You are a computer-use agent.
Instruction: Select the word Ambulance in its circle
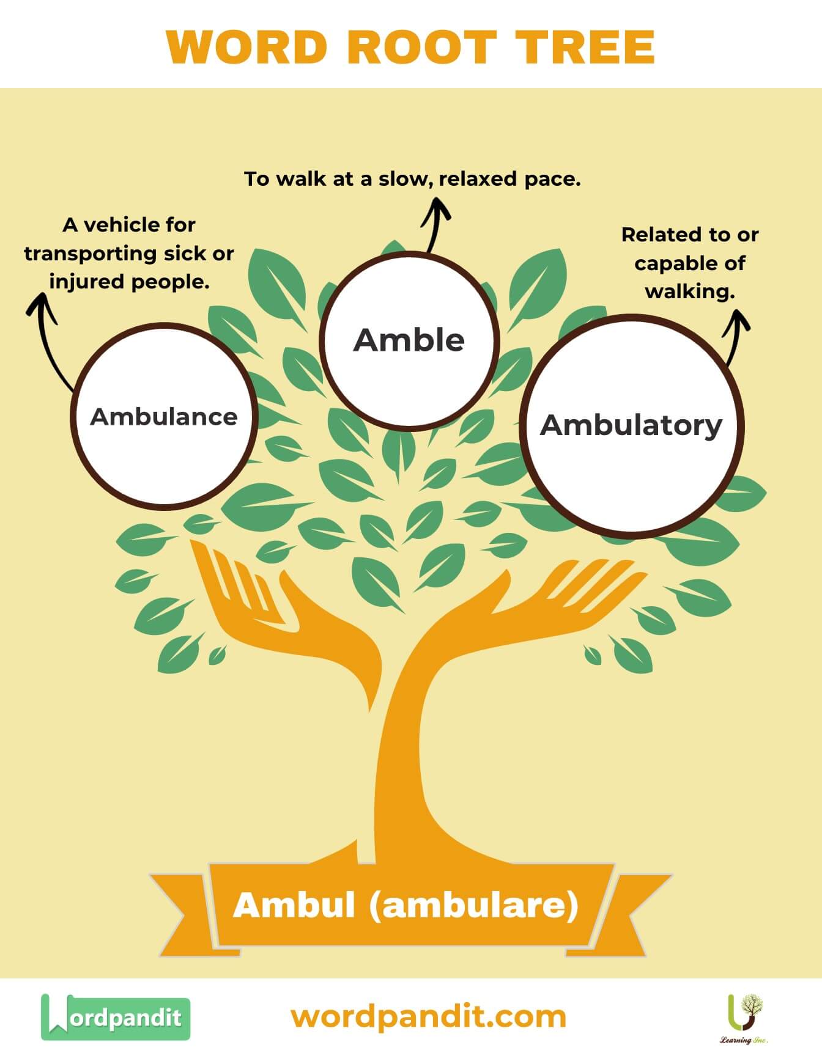point(164,417)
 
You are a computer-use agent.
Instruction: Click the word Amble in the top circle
point(409,340)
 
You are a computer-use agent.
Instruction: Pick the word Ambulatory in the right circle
point(631,425)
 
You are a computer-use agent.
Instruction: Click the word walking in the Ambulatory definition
point(689,291)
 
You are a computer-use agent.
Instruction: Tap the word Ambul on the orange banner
point(294,905)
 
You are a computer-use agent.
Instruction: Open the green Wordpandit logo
point(116,1017)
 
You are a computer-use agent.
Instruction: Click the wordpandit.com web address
point(428,1017)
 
